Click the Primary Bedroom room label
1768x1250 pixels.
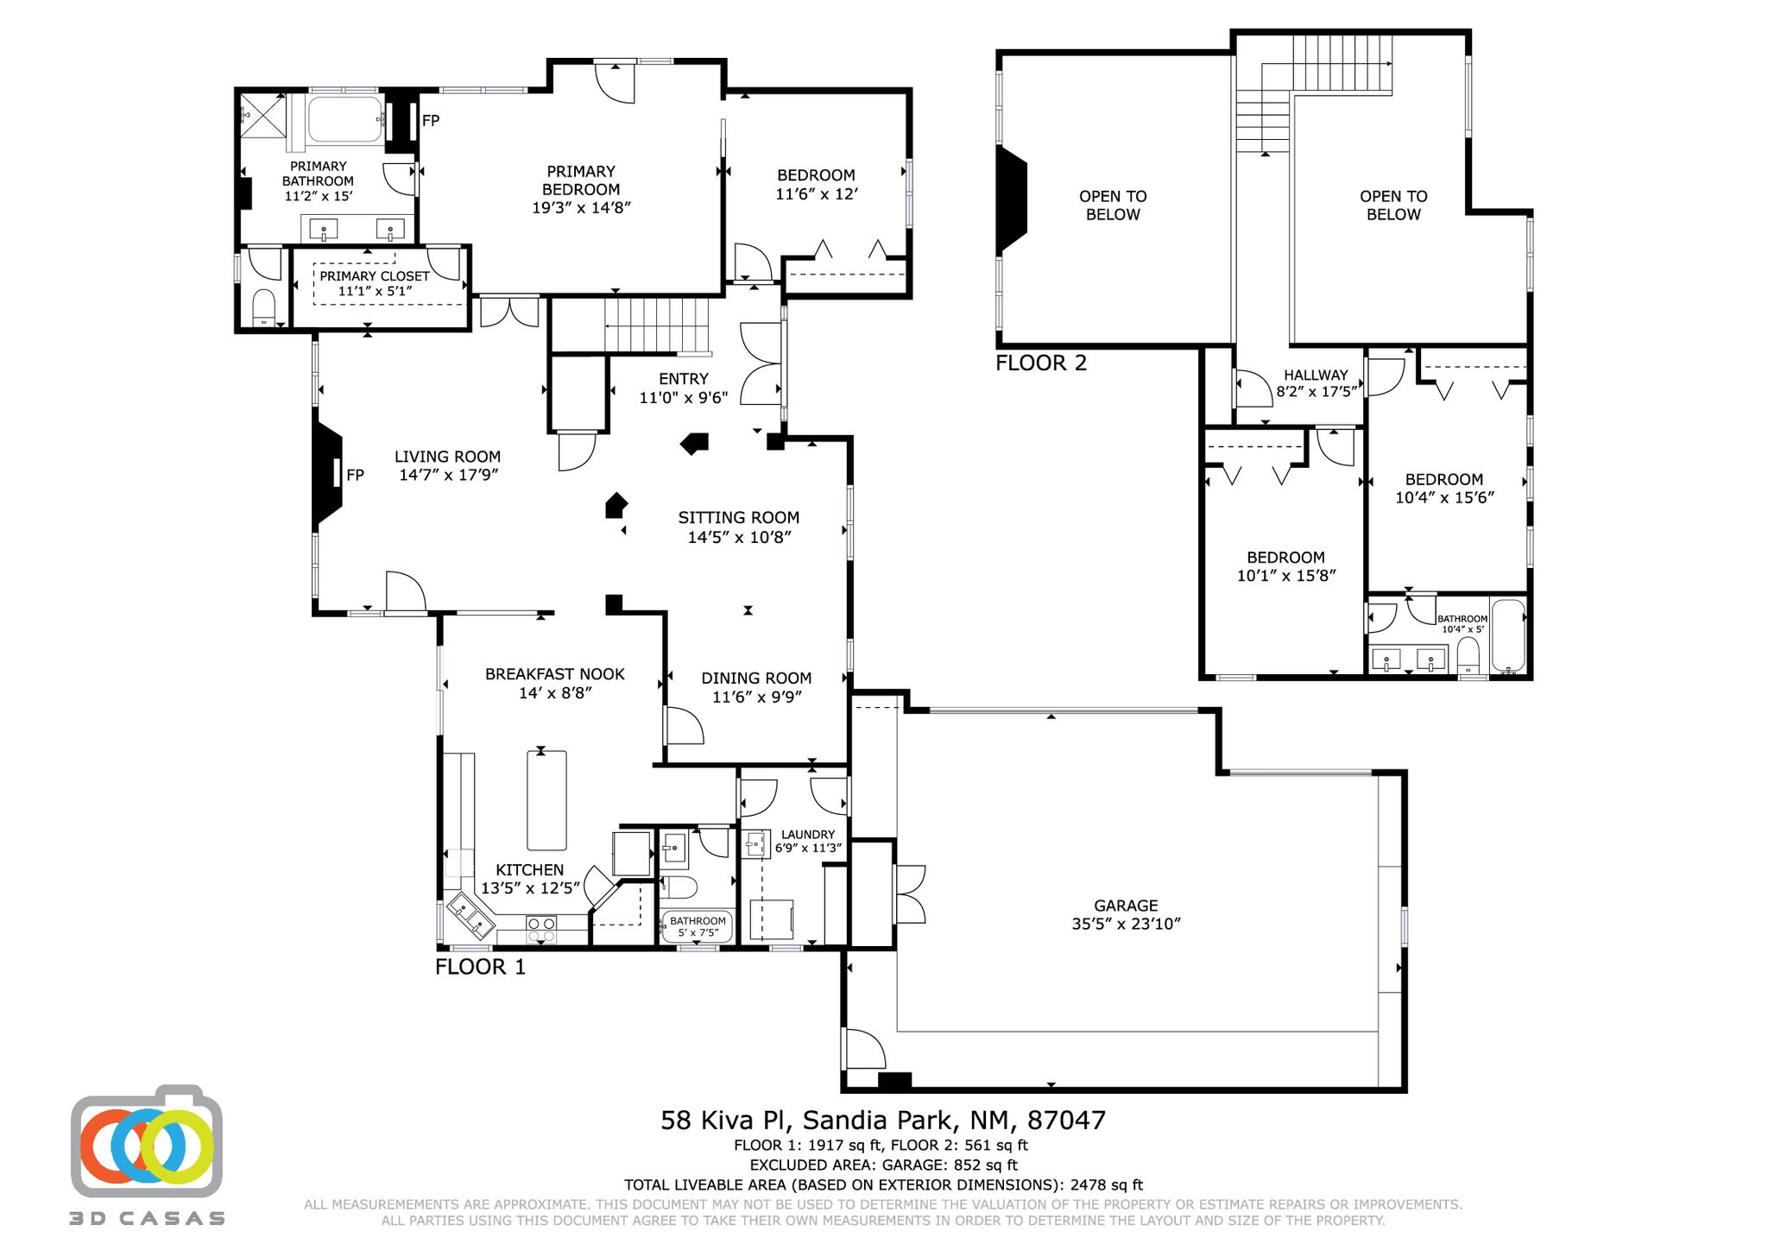581,180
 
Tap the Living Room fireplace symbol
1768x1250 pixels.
328,475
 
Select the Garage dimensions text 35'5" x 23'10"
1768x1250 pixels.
1126,924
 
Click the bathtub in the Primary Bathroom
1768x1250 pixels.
345,121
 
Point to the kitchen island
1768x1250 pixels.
546,800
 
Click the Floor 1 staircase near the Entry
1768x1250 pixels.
656,325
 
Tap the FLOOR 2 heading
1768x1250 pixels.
1041,363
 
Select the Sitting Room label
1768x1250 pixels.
739,518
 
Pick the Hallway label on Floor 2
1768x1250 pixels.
1315,375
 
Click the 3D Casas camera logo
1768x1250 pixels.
147,1141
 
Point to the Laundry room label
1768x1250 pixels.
808,834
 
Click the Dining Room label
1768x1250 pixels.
756,679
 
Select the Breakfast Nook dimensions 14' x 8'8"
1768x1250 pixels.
555,693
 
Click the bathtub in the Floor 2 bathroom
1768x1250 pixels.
1509,637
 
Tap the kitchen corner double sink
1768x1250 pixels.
471,917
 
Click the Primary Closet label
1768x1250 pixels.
375,276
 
